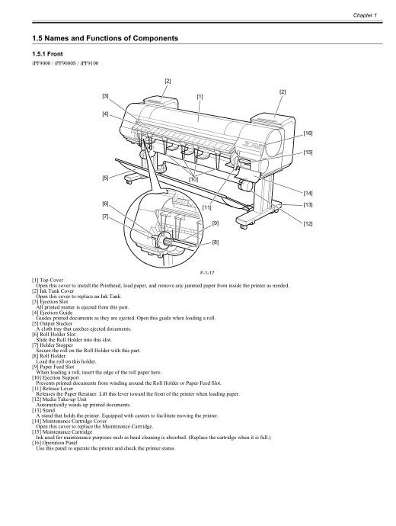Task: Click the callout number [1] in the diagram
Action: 200,97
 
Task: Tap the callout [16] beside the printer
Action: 308,133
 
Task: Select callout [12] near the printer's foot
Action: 308,223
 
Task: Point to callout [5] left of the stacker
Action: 106,178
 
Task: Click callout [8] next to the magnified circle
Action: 216,242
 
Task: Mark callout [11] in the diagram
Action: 206,207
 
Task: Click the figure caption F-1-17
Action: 199,272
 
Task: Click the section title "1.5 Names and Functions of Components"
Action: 104,37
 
